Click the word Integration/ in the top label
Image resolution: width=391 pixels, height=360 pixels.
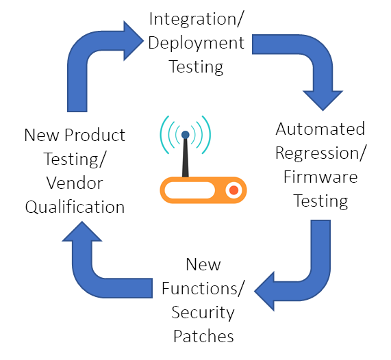[x=196, y=19]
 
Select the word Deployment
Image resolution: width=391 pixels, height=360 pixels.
[x=197, y=43]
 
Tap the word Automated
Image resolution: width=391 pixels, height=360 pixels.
[x=320, y=129]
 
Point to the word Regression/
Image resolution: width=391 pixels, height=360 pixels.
[x=321, y=153]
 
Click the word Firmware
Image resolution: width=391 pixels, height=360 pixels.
[x=320, y=177]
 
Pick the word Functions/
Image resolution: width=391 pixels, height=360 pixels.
[x=202, y=288]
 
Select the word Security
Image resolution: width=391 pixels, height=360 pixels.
[x=203, y=313]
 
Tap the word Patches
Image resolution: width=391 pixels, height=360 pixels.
[x=203, y=336]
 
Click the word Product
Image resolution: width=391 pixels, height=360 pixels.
[x=94, y=135]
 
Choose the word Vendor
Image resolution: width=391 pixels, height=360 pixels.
[x=75, y=183]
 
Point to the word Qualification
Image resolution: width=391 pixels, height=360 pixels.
[x=75, y=207]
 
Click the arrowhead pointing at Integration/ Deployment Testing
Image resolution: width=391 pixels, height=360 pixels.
[x=134, y=41]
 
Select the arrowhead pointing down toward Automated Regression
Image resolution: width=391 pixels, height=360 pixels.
[x=323, y=101]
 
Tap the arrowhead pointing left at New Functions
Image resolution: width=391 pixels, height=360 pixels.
[x=264, y=291]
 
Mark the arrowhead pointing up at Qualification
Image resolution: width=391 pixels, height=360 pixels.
[x=82, y=231]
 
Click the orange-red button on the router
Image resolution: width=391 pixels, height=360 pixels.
[x=234, y=190]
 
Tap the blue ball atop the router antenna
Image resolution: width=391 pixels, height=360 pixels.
[x=186, y=135]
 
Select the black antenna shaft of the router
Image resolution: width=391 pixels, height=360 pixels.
[x=186, y=157]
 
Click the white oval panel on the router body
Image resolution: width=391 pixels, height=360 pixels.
[x=190, y=190]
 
